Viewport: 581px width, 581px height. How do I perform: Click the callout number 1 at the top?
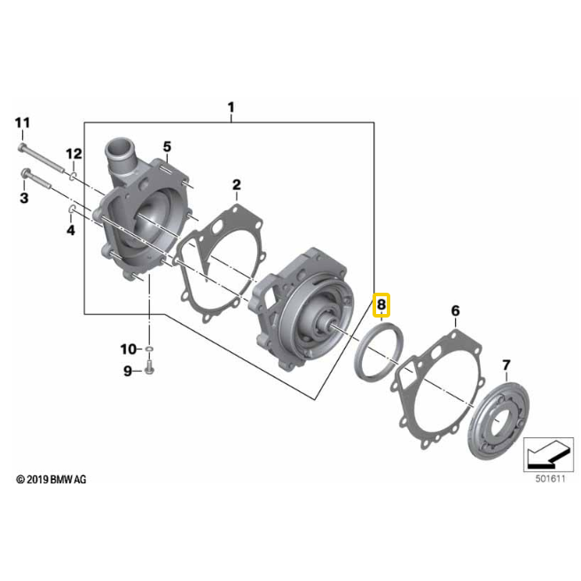(x=231, y=108)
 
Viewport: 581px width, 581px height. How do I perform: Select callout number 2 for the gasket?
(x=237, y=185)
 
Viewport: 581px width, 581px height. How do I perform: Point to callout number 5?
(x=166, y=145)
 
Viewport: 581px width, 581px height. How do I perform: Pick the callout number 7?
(x=506, y=365)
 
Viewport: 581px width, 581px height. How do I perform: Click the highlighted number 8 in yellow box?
(x=381, y=306)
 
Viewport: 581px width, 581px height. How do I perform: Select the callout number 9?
(x=128, y=371)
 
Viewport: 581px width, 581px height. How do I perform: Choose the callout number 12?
(x=74, y=153)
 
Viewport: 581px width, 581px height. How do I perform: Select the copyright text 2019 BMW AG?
(x=51, y=480)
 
